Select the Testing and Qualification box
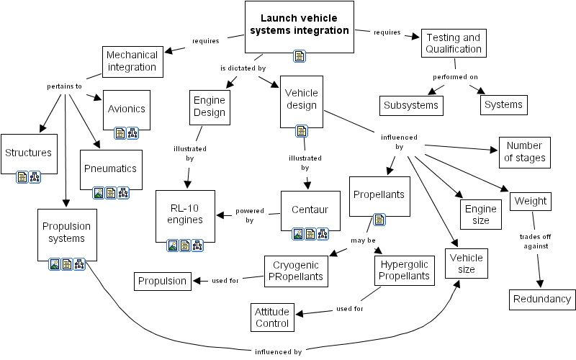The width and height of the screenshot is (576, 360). pos(453,43)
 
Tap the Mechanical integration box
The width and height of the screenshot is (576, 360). pos(132,61)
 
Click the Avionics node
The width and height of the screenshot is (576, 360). pos(127,109)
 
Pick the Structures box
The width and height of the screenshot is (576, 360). pos(28,152)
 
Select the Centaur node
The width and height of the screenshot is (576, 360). pos(310,210)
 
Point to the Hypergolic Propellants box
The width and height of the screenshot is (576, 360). pos(404,271)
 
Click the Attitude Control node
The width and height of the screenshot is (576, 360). pos(273,318)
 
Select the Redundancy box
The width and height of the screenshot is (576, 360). pos(542,299)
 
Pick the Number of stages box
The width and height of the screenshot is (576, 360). pos(525,152)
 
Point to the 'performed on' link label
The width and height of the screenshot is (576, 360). pos(455,76)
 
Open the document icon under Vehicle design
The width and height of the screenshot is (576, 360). pos(301,130)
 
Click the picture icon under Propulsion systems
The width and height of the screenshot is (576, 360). pos(54,264)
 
